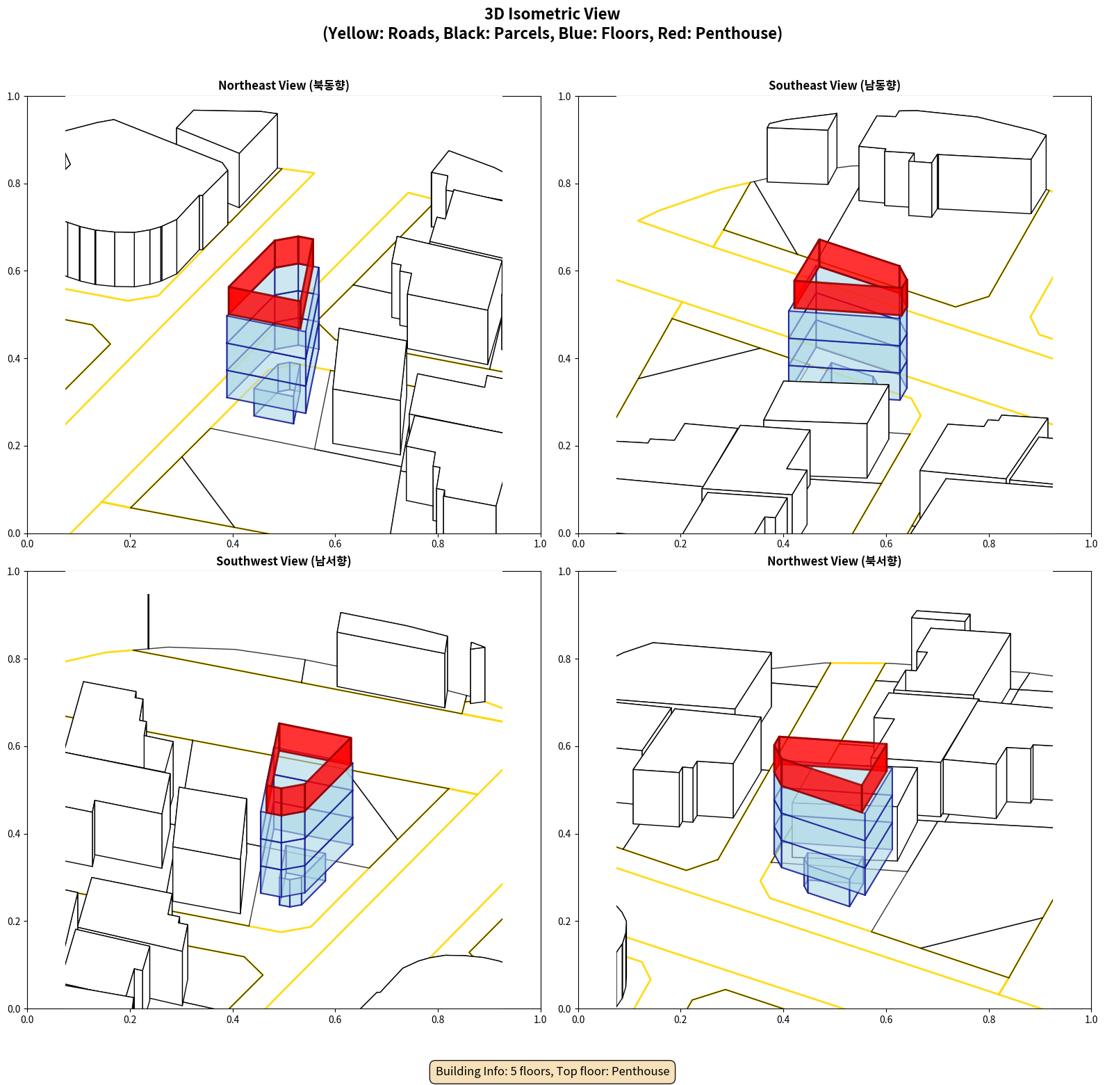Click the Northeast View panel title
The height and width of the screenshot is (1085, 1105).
pos(284,86)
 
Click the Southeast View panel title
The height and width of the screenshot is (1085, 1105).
pos(834,86)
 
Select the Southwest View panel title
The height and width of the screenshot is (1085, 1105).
pos(284,561)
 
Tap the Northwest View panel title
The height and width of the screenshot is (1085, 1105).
pos(834,561)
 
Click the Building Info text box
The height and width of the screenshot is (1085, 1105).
pos(552,1071)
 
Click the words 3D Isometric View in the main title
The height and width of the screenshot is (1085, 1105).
pos(552,14)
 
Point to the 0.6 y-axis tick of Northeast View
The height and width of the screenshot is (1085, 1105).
pos(14,271)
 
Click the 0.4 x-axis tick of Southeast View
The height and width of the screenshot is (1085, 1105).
pos(783,544)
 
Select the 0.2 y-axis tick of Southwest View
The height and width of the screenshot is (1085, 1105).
pos(14,922)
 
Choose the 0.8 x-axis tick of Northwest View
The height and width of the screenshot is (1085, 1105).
pos(989,1020)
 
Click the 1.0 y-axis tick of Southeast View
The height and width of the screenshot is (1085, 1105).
pos(564,97)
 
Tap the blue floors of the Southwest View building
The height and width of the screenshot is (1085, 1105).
pos(306,835)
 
